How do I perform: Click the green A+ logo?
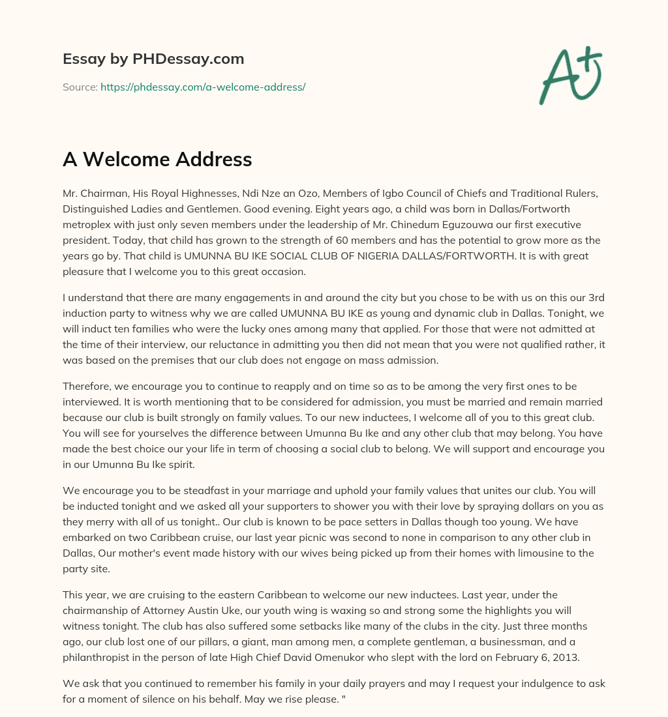(x=570, y=75)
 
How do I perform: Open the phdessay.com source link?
(x=203, y=87)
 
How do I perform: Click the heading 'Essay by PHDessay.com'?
(x=153, y=59)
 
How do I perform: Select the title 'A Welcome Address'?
(x=157, y=159)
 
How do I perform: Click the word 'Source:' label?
(x=80, y=87)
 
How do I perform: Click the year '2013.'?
(x=563, y=658)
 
